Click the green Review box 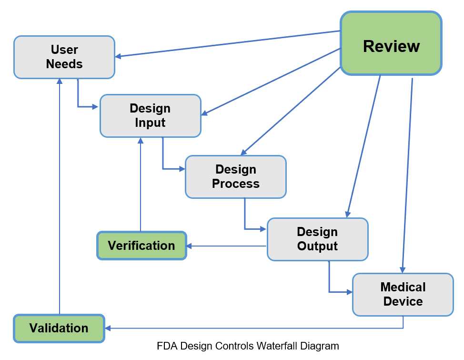[391, 44]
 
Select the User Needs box [64, 57]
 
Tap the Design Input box [150, 116]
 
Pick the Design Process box [236, 177]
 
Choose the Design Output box [317, 239]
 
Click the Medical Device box [403, 294]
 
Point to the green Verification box [141, 246]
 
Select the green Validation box [59, 328]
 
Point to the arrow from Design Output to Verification [227, 246]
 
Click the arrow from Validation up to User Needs [59, 195]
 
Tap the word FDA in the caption [165, 346]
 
